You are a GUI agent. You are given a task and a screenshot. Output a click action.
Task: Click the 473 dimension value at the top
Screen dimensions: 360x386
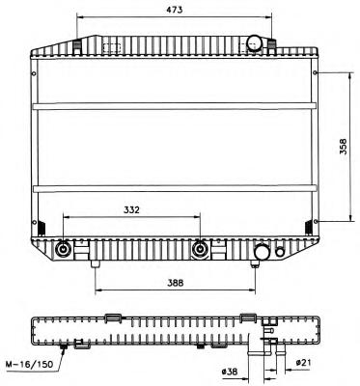click(x=175, y=10)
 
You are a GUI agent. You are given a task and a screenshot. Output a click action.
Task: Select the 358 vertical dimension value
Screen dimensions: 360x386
click(x=343, y=147)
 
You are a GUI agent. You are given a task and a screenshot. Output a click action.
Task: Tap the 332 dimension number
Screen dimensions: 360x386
click(x=131, y=209)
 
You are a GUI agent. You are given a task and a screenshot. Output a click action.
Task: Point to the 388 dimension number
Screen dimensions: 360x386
click(x=176, y=283)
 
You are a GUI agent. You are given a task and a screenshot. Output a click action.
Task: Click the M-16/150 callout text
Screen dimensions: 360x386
click(x=29, y=364)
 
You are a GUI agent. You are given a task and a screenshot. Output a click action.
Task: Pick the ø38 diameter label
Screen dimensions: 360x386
click(x=230, y=372)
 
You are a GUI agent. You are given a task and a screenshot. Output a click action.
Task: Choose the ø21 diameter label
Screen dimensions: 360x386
click(x=303, y=363)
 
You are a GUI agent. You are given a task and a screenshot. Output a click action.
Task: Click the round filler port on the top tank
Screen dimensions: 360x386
click(x=254, y=42)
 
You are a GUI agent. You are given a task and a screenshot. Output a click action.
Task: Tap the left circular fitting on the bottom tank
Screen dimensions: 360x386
click(x=63, y=250)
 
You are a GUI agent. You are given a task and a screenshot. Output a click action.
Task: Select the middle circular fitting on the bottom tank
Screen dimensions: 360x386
click(x=200, y=250)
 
